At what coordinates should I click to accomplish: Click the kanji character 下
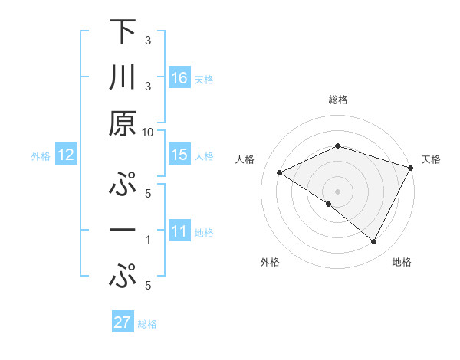click(x=123, y=32)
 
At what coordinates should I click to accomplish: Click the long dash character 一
click(x=123, y=230)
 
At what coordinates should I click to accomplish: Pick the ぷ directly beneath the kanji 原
click(x=123, y=185)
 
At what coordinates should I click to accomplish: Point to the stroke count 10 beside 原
click(x=148, y=132)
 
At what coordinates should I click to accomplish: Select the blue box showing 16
click(x=179, y=77)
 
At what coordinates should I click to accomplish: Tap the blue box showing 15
click(x=179, y=155)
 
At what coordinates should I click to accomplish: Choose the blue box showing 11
click(x=179, y=231)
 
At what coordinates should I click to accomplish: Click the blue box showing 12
click(x=65, y=155)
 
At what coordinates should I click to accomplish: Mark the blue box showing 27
click(x=123, y=322)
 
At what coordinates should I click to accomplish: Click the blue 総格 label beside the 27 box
click(x=147, y=324)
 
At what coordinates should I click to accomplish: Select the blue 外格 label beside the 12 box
click(x=41, y=156)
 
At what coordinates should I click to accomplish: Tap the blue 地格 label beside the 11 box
click(x=205, y=233)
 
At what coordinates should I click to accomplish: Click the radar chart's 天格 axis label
click(x=432, y=159)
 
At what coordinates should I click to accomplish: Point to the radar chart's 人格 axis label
click(x=245, y=159)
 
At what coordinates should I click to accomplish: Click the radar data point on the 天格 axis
click(x=411, y=166)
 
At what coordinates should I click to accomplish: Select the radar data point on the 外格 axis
click(x=329, y=205)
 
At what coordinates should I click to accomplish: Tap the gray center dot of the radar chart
click(x=337, y=191)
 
